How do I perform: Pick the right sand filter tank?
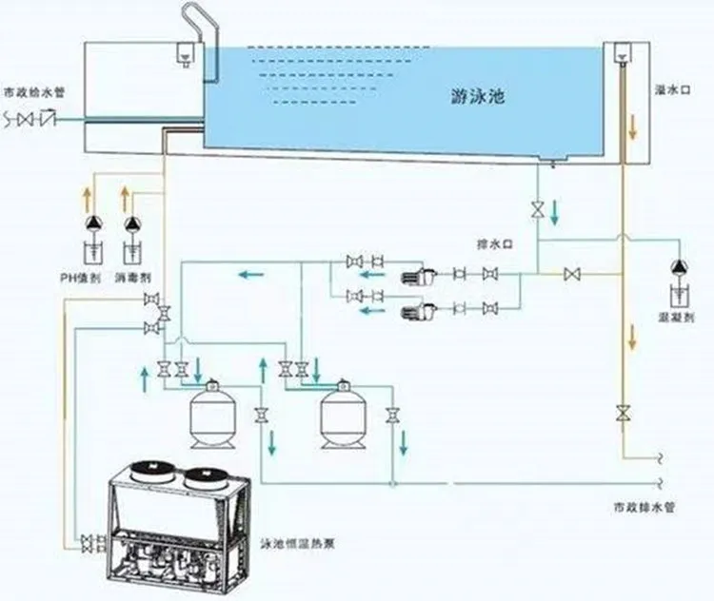342,416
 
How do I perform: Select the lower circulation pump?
419,309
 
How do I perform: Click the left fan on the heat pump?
149,473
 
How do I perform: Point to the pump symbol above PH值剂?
92,224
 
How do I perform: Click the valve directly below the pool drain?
539,209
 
